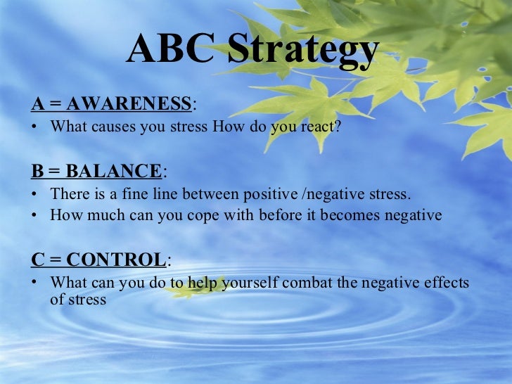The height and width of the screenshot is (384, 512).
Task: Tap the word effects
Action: point(444,283)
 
